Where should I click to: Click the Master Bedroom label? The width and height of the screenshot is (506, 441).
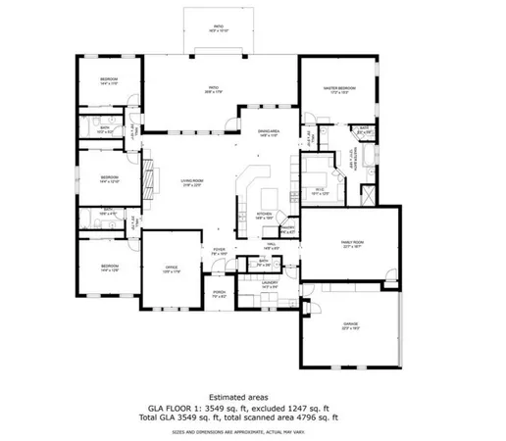coord(337,89)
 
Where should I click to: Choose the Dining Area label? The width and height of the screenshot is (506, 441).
coord(270,132)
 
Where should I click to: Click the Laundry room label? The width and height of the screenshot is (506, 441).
coord(271,284)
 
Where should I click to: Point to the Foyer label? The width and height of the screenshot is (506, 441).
coord(220,251)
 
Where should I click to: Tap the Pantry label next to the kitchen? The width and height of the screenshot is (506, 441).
coord(289,229)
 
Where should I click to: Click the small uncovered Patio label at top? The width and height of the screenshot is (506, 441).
coord(218,25)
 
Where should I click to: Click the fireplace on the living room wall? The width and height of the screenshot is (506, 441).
coord(150,180)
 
